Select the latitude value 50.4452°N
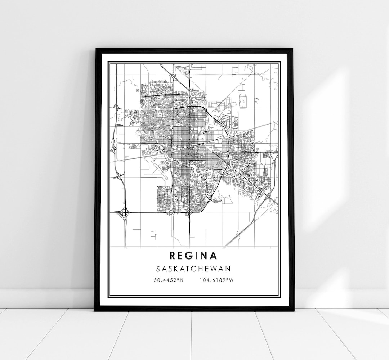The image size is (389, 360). [x=168, y=280]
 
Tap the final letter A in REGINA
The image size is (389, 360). [x=214, y=256]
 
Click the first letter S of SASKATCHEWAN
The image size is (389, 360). [x=159, y=269]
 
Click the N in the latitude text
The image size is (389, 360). [x=182, y=280]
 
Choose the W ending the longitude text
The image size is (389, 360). [x=232, y=280]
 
